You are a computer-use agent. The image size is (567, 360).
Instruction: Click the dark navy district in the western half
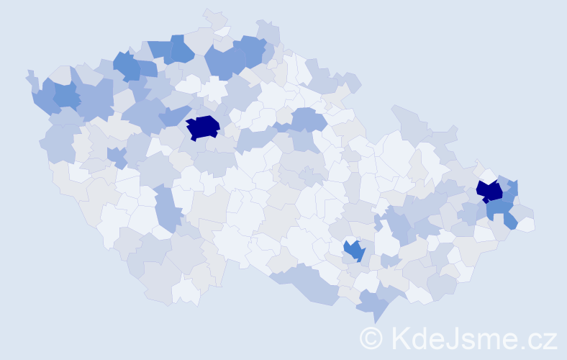(x=203, y=127)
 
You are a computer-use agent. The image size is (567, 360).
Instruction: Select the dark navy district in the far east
(x=490, y=191)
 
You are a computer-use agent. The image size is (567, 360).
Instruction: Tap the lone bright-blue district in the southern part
(x=353, y=250)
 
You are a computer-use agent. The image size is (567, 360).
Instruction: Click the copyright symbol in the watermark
(x=371, y=338)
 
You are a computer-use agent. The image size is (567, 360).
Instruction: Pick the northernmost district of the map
(x=214, y=18)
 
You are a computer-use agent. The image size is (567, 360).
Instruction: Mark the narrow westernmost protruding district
(x=30, y=78)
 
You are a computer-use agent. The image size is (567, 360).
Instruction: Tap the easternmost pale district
(x=525, y=224)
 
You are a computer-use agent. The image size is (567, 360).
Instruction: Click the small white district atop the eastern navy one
(x=489, y=176)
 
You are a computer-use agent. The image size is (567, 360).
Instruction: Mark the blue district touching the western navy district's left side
(x=173, y=117)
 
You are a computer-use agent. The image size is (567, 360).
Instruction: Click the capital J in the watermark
(x=463, y=338)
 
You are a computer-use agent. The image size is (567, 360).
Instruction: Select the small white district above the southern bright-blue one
(x=350, y=240)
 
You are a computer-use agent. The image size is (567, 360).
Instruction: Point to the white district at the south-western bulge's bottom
(x=186, y=291)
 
